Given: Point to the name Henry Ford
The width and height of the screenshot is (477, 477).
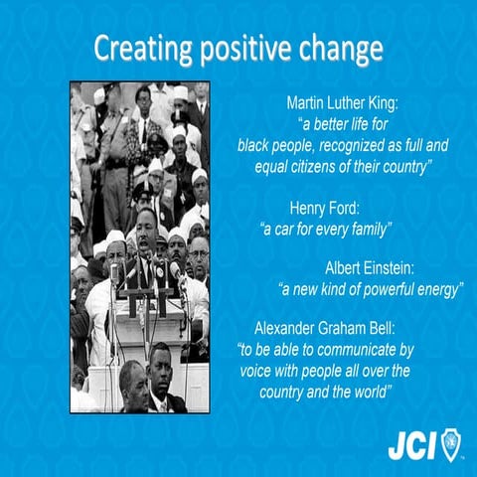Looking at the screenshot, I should coord(325,211).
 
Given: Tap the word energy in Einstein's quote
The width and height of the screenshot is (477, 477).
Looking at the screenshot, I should coord(438,289).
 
